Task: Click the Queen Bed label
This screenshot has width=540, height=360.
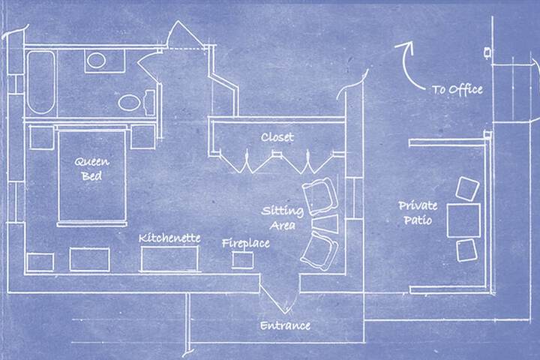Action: click(x=92, y=169)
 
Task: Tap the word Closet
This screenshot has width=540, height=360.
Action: click(x=277, y=137)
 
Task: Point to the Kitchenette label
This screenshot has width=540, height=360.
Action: click(x=169, y=238)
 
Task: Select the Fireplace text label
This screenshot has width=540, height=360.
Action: click(x=246, y=244)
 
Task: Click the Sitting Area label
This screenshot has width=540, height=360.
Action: click(x=283, y=218)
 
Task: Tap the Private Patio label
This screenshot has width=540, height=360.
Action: click(x=418, y=213)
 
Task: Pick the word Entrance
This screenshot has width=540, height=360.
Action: click(x=285, y=325)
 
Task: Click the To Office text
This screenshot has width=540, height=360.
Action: click(x=457, y=90)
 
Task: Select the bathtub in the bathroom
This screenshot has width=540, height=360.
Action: click(x=41, y=82)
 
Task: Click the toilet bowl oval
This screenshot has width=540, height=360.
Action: click(x=129, y=103)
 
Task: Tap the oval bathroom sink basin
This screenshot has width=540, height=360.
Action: click(x=96, y=60)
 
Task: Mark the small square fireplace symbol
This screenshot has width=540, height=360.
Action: click(x=243, y=259)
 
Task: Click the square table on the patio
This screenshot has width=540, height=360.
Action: click(x=463, y=220)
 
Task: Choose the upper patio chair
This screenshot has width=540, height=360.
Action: click(x=467, y=189)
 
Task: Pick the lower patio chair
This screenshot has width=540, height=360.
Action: click(x=467, y=250)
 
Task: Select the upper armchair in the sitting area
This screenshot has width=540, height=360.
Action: click(x=319, y=196)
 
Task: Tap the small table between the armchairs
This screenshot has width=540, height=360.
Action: click(x=325, y=224)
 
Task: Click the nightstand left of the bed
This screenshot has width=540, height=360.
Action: click(x=42, y=137)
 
